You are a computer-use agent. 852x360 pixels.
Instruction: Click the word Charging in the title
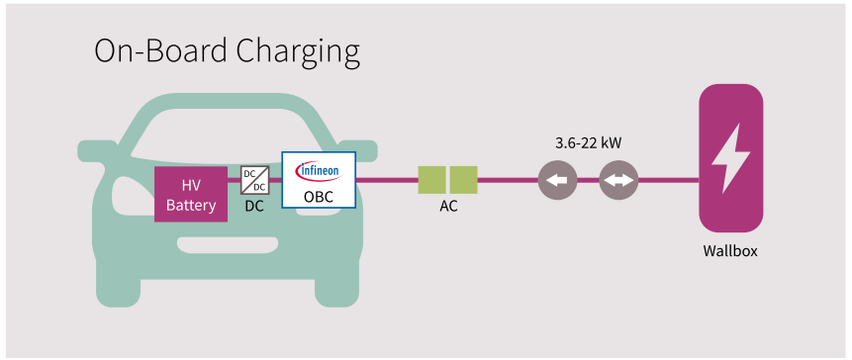tap(298, 53)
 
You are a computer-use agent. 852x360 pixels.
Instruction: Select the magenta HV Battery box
tap(191, 195)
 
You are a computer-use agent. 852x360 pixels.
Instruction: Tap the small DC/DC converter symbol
tap(255, 180)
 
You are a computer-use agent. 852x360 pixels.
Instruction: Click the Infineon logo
tap(319, 171)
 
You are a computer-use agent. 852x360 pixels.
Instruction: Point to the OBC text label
tap(319, 197)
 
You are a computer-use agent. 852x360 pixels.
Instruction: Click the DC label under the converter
tap(254, 207)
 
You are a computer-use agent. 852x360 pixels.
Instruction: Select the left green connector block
tap(432, 180)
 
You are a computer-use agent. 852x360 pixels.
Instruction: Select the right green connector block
tap(463, 180)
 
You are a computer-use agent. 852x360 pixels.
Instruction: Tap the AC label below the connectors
tap(449, 208)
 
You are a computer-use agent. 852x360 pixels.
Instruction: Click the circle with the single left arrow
tap(557, 180)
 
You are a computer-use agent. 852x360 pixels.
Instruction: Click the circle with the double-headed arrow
tap(618, 180)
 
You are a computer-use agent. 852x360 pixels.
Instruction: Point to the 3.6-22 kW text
tap(589, 144)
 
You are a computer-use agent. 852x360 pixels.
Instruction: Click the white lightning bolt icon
tap(730, 158)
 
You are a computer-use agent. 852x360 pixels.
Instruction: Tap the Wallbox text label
tap(730, 251)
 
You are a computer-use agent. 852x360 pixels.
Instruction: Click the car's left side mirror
tap(99, 149)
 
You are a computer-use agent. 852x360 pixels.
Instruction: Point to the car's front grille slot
tap(228, 245)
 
